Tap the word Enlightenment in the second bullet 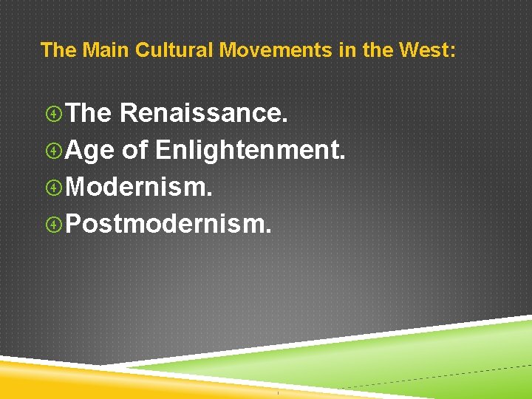point(250,150)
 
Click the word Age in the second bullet point(89,150)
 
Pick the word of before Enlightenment point(135,150)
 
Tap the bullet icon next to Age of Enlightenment point(53,151)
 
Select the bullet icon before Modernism point(53,188)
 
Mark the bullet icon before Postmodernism point(53,224)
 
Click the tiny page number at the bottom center point(278,392)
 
